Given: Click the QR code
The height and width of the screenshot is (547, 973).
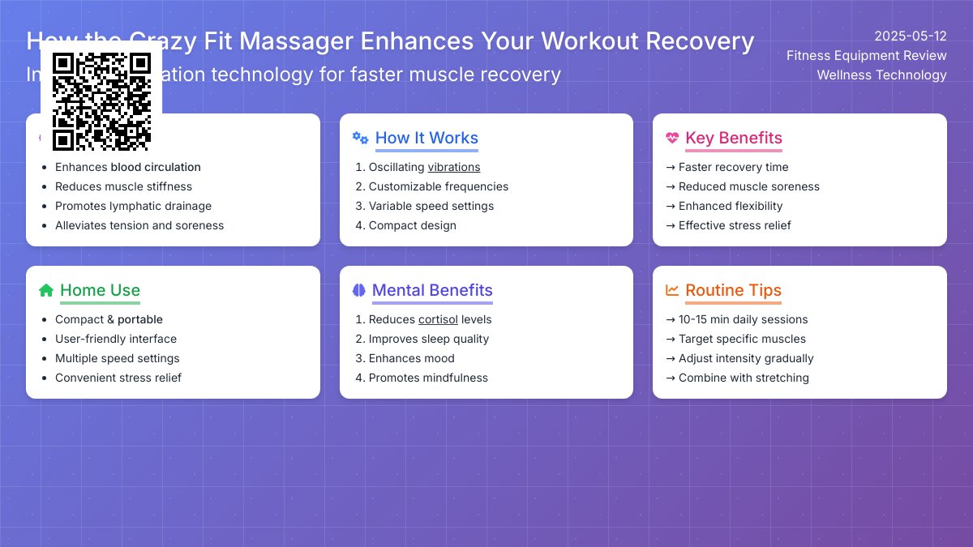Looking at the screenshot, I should click(x=101, y=101).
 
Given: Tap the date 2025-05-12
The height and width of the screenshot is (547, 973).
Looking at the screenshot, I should click(x=910, y=36).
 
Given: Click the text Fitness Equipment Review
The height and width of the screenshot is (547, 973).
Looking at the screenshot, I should click(x=866, y=56).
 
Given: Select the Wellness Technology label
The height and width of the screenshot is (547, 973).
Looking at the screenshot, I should click(x=881, y=75).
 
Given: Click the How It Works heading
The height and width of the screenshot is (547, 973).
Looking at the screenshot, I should click(x=426, y=138).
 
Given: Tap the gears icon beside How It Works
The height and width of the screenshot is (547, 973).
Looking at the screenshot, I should click(x=360, y=138).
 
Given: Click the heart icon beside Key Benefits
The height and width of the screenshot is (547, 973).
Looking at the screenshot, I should click(x=672, y=138).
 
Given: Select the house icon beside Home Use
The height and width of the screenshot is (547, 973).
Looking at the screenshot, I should click(x=46, y=290).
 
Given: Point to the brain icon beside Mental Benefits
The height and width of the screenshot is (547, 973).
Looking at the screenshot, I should click(x=359, y=290).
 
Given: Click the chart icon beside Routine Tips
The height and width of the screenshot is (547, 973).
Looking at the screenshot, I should click(x=672, y=290).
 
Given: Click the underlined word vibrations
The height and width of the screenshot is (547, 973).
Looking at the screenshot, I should click(x=454, y=167).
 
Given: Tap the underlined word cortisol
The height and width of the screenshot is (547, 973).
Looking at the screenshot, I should click(x=438, y=319).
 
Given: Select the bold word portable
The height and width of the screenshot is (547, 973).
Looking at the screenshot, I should click(x=140, y=319).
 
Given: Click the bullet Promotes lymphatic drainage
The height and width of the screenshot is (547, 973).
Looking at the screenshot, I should click(x=133, y=206).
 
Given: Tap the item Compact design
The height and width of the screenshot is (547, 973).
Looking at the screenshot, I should click(x=413, y=225).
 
